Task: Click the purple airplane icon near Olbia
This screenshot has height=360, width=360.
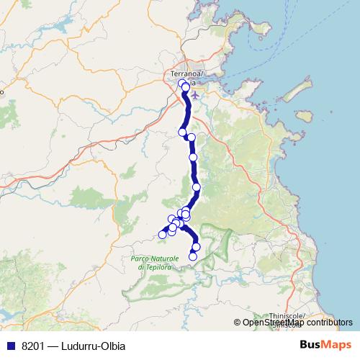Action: pos(198,97)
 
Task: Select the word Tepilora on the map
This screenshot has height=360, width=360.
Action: pos(158,266)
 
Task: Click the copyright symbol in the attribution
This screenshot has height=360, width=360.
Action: pos(238,323)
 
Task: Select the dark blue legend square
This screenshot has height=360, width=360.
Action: pos(10,345)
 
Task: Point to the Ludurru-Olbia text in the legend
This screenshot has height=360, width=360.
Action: pos(94,345)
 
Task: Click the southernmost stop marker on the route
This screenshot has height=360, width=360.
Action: pos(192,256)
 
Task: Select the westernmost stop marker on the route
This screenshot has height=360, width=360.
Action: pos(162,234)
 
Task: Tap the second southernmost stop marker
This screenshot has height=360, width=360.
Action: pos(196,247)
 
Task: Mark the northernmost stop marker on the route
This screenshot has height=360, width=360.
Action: pos(182,84)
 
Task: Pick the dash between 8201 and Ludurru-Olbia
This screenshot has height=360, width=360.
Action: pos(54,345)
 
